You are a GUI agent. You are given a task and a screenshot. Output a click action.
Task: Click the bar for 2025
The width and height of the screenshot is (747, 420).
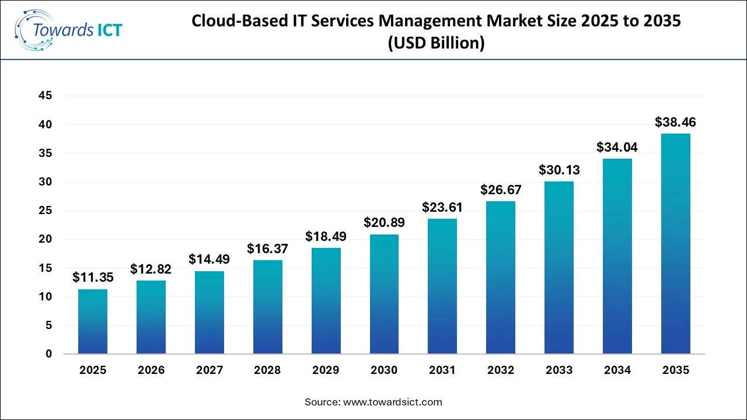pyautogui.click(x=93, y=321)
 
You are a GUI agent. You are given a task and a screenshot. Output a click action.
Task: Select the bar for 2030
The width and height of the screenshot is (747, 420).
pyautogui.click(x=384, y=294)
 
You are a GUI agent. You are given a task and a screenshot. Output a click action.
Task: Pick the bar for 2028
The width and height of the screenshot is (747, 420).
pyautogui.click(x=268, y=307)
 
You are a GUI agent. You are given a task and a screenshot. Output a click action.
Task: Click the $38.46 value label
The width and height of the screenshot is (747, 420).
pyautogui.click(x=675, y=122)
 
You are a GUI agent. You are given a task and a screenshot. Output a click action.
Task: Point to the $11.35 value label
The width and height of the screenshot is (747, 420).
pyautogui.click(x=93, y=278)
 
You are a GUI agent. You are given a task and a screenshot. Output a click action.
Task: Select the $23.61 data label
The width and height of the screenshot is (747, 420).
pyautogui.click(x=442, y=207)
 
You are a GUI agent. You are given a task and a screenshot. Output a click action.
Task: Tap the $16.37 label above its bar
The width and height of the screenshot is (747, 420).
pyautogui.click(x=268, y=249)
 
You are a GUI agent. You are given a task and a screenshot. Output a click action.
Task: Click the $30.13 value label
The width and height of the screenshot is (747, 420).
pyautogui.click(x=558, y=170)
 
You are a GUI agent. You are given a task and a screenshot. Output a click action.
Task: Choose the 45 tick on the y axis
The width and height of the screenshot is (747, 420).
pyautogui.click(x=45, y=96)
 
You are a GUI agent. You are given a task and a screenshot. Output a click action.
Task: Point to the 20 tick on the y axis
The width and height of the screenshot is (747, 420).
pyautogui.click(x=45, y=239)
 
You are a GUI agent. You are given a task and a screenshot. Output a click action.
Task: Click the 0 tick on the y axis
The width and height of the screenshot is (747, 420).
pyautogui.click(x=48, y=354)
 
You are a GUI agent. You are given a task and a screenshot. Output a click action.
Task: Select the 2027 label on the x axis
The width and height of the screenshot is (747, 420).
pyautogui.click(x=210, y=370)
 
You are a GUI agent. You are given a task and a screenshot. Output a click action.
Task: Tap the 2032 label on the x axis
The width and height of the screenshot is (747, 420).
pyautogui.click(x=501, y=370)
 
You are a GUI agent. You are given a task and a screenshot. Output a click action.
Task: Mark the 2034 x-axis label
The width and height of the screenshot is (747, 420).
pyautogui.click(x=617, y=370)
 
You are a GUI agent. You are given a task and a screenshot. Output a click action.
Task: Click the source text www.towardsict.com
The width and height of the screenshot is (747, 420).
pyautogui.click(x=393, y=402)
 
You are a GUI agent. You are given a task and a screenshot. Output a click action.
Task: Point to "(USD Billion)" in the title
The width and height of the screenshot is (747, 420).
pyautogui.click(x=436, y=44)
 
